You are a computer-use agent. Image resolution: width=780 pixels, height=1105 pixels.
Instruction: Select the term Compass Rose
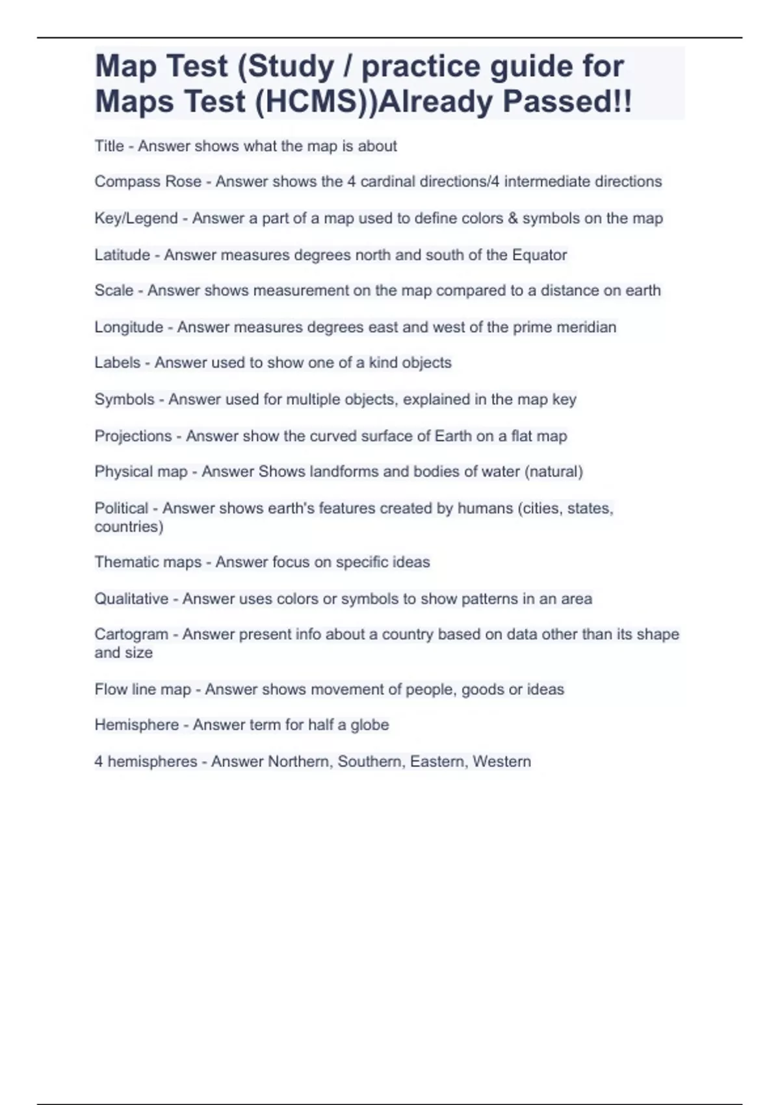(x=148, y=181)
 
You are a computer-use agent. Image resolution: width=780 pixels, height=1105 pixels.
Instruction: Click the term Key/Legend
(x=136, y=218)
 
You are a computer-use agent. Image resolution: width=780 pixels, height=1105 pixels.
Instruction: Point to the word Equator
(x=539, y=255)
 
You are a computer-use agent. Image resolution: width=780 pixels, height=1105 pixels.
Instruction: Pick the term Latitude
(x=122, y=255)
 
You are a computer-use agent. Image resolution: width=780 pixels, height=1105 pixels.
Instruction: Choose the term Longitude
(x=129, y=327)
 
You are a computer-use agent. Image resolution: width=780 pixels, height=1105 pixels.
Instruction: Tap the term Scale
(x=114, y=291)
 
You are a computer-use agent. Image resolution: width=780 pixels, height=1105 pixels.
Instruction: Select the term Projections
(x=133, y=435)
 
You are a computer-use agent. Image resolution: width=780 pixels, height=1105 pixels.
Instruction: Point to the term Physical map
(x=141, y=471)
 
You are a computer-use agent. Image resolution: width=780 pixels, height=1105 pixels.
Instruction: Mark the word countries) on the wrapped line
(x=129, y=526)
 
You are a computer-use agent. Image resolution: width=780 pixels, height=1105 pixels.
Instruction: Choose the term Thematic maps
(x=148, y=562)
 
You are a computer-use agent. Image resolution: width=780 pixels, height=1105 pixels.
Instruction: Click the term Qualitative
(x=131, y=599)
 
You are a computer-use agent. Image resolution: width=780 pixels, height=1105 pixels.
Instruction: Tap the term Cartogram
(x=131, y=634)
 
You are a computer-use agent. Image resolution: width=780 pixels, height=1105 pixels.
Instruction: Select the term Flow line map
(x=143, y=689)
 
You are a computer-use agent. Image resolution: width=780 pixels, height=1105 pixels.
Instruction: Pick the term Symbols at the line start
(x=124, y=399)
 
